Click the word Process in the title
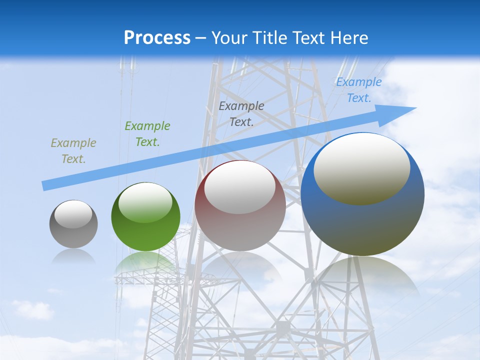[x=157, y=38]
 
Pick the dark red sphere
[x=240, y=230]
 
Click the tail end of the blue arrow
[x=44, y=186]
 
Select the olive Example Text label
[x=73, y=151]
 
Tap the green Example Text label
[x=147, y=134]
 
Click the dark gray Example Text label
[x=241, y=113]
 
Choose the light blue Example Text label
[x=359, y=90]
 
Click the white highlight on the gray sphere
[x=73, y=214]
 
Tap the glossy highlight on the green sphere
[x=145, y=202]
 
